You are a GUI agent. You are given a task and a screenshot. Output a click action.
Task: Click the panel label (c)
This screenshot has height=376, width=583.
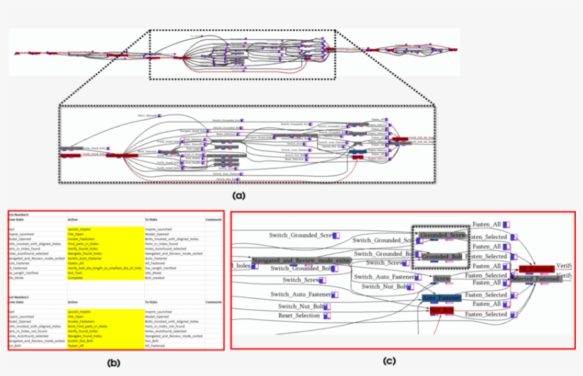click(389, 360)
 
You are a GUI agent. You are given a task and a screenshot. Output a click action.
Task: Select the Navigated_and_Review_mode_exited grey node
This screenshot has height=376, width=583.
click(301, 261)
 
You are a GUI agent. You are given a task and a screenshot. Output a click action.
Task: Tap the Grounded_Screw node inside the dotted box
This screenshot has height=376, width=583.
click(442, 235)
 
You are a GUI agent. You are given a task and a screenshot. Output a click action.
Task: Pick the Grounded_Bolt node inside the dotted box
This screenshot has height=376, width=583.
click(442, 256)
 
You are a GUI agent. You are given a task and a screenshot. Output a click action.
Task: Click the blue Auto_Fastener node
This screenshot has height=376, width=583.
click(442, 299)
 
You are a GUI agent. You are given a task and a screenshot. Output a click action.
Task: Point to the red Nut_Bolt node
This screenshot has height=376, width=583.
click(442, 311)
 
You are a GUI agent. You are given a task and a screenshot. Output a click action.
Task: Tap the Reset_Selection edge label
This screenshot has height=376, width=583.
click(299, 315)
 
